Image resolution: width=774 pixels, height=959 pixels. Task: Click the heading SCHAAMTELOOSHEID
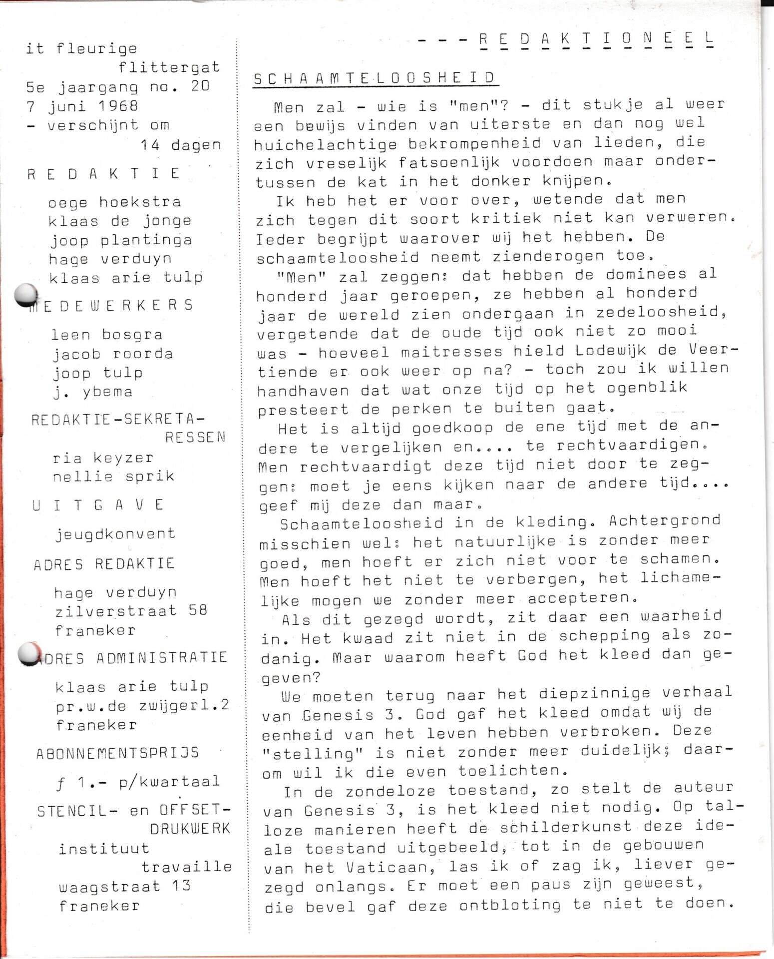(375, 78)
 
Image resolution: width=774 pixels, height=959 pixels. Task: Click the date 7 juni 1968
(82, 106)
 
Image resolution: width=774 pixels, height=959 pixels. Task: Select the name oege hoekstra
(114, 202)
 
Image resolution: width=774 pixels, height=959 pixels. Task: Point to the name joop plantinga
(120, 240)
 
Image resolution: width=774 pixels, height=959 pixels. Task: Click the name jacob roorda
(113, 354)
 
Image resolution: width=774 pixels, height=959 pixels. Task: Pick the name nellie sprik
(114, 477)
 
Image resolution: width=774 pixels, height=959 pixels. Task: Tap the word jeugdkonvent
(115, 534)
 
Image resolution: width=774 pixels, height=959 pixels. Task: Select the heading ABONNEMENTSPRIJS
(117, 753)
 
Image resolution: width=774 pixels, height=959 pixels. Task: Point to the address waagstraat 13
(125, 887)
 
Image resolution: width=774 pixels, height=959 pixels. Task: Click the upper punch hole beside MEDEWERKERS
(26, 295)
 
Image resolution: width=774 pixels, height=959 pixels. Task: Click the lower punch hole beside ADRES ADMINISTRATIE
(29, 654)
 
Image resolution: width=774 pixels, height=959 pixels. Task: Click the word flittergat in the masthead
(169, 67)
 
